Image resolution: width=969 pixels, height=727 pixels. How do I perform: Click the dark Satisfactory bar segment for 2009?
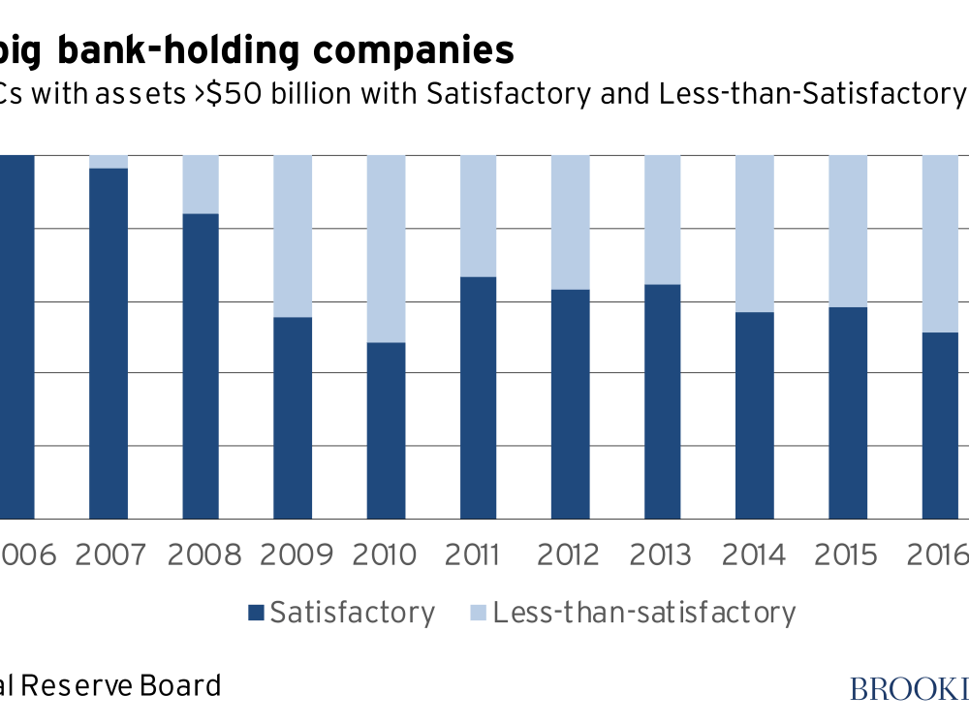point(293,418)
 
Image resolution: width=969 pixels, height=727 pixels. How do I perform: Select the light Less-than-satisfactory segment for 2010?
point(386,248)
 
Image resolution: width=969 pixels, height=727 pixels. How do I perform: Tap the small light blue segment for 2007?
point(109,161)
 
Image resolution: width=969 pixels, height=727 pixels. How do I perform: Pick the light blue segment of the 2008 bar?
point(201,184)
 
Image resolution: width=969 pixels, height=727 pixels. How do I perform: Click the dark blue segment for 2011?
point(478,397)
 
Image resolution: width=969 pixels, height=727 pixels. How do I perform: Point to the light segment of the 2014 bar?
point(755,233)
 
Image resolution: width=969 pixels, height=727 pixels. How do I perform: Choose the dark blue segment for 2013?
point(663,401)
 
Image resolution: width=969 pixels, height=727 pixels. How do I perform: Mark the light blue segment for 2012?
point(570,222)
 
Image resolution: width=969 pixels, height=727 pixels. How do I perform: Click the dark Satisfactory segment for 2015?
point(848,413)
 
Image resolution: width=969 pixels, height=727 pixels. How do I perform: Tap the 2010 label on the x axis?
point(386,555)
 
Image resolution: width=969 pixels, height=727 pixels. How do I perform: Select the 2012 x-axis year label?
point(570,555)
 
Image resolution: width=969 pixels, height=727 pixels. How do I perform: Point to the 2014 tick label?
point(755,555)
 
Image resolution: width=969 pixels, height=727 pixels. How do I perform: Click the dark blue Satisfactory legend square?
point(256,613)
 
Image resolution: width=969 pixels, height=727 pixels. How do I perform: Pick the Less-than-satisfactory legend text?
point(643,613)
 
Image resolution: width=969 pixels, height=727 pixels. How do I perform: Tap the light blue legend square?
point(478,613)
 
